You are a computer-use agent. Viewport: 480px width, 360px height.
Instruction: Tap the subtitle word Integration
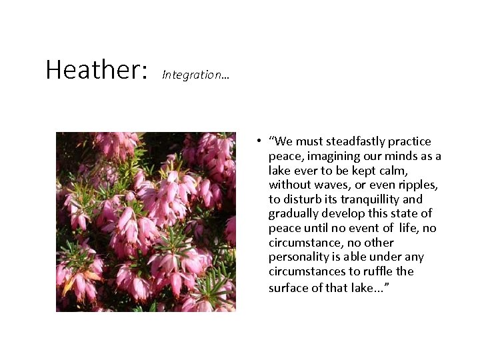point(193,75)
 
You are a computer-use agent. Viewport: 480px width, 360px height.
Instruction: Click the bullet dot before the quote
point(256,141)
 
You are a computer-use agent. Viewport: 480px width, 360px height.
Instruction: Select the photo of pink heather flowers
point(145,221)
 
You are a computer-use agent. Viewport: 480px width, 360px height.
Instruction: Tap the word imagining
point(327,156)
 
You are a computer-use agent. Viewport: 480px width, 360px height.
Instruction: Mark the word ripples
point(415,185)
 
